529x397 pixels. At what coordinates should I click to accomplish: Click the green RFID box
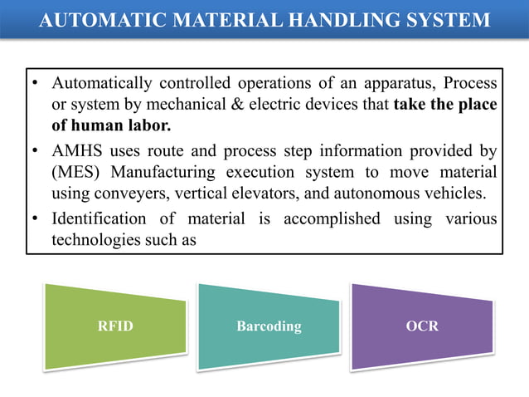[115, 326]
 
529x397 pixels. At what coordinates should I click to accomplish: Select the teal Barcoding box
[269, 326]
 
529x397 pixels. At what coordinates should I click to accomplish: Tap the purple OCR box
[422, 326]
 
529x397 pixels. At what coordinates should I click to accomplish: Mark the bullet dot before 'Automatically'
[36, 85]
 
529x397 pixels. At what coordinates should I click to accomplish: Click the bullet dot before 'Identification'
[36, 220]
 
